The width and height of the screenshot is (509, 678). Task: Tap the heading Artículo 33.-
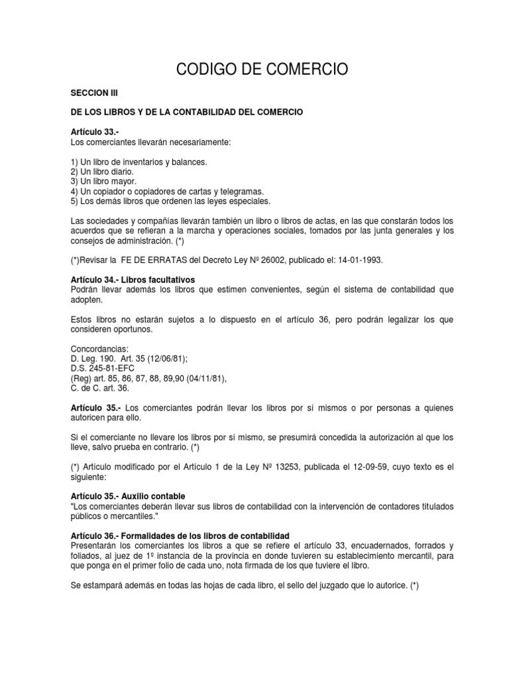point(93,133)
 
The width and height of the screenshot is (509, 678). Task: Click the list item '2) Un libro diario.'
point(101,171)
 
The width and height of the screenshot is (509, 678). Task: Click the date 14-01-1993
point(359,260)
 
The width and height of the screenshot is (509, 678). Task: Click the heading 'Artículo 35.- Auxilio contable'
point(127,496)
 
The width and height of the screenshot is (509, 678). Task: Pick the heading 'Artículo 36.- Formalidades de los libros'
point(179,535)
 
